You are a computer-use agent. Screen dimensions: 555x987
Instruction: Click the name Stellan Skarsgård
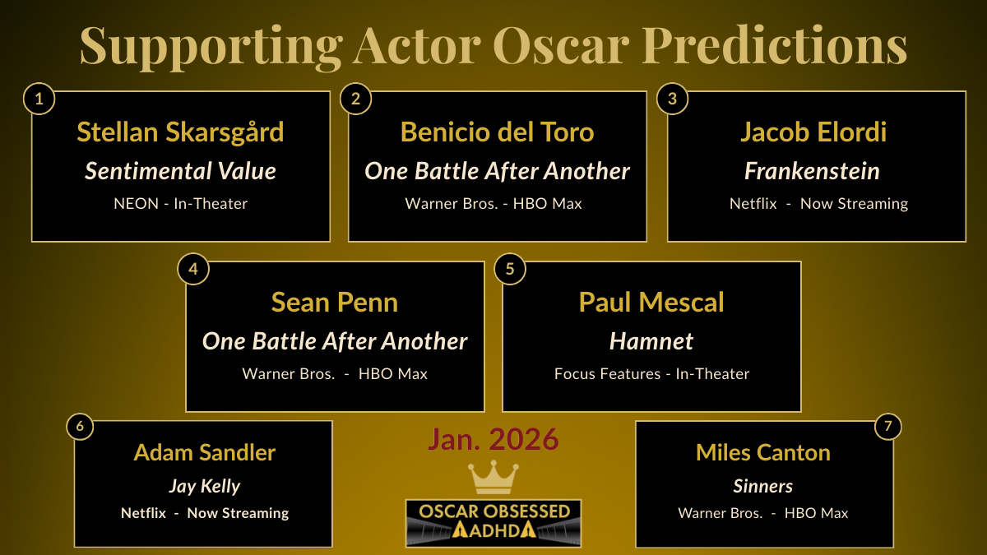point(180,132)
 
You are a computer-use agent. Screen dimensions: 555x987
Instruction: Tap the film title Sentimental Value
point(180,171)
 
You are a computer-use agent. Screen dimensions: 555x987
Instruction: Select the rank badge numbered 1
point(39,99)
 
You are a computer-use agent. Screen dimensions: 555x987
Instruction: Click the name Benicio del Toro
point(497,132)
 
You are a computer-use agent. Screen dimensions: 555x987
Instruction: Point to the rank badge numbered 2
point(355,99)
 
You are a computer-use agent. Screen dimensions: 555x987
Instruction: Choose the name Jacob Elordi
point(813,132)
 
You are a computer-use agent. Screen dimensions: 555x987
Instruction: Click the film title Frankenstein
point(812,171)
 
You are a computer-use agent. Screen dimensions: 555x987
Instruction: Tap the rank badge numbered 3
point(672,99)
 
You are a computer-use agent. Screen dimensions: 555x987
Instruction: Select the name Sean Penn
point(335,302)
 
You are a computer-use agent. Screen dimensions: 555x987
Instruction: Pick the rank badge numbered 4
point(193,270)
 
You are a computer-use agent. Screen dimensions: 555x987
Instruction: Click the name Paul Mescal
point(651,302)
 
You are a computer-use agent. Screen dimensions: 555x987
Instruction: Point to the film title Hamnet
point(651,340)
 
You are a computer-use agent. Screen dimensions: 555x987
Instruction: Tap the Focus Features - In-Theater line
point(651,374)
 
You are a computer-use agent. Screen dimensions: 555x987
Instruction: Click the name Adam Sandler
point(205,452)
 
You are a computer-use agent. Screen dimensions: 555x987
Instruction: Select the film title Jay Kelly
point(205,486)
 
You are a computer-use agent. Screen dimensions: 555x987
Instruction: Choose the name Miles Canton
point(763,452)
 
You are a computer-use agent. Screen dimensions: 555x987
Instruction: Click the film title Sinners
point(763,486)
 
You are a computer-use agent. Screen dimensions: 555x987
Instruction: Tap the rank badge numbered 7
point(887,427)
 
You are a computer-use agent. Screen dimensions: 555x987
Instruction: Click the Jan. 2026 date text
point(493,440)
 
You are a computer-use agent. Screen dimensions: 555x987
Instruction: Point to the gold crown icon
point(493,478)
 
